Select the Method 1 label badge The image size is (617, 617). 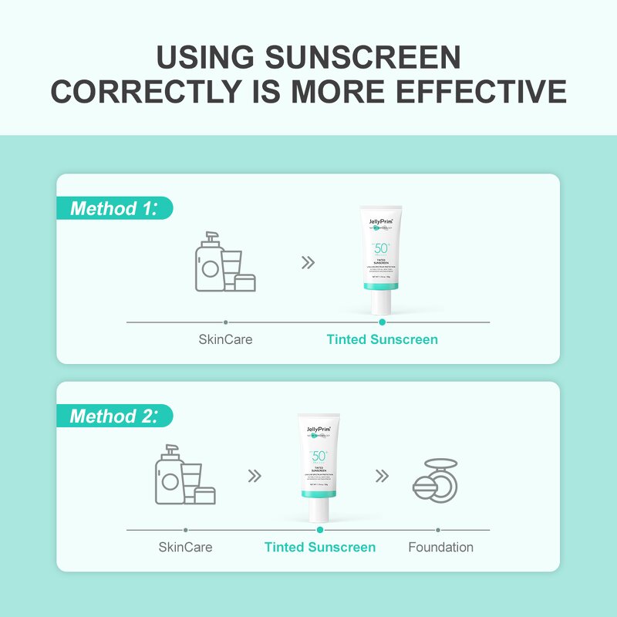pyautogui.click(x=114, y=208)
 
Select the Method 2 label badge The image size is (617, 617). pyautogui.click(x=114, y=416)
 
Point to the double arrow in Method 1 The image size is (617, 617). pyautogui.click(x=308, y=262)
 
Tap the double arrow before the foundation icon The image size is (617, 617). pyautogui.click(x=381, y=475)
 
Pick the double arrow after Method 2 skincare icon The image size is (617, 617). pyautogui.click(x=254, y=475)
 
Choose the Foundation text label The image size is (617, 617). pyautogui.click(x=440, y=547)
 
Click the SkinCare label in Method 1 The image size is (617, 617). pyautogui.click(x=225, y=339)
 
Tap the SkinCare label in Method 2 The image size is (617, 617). pyautogui.click(x=185, y=547)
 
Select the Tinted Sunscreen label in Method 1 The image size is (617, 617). pyautogui.click(x=382, y=339)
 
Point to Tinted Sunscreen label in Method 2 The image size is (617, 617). pyautogui.click(x=320, y=547)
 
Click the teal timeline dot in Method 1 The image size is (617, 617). pyautogui.click(x=382, y=322)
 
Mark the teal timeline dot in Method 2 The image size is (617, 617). pyautogui.click(x=320, y=530)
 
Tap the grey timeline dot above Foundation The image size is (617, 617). pyautogui.click(x=438, y=530)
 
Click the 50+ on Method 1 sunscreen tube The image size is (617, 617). pyautogui.click(x=382, y=248)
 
